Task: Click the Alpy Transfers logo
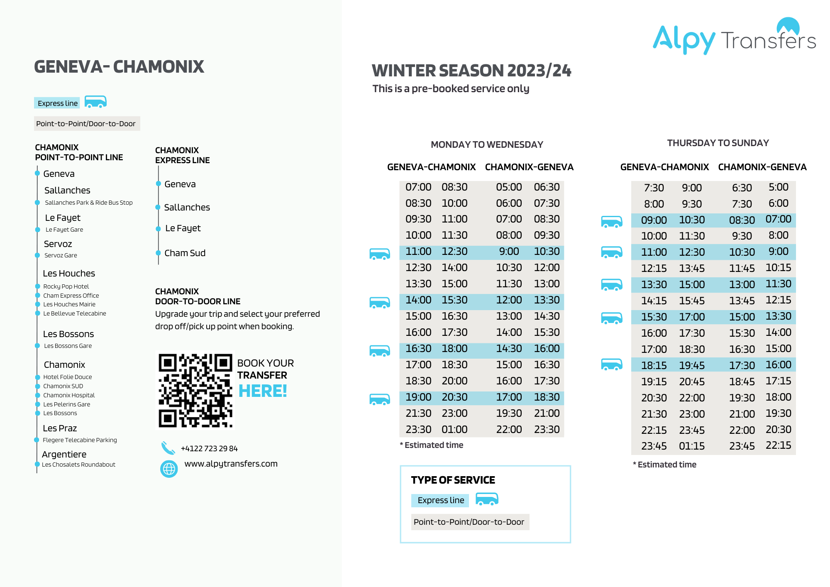tap(734, 37)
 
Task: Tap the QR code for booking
tap(195, 390)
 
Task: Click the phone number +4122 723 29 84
tap(209, 449)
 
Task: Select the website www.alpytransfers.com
tap(231, 464)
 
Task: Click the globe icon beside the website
tap(169, 469)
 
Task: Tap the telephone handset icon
tap(168, 448)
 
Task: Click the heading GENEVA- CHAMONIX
tap(119, 67)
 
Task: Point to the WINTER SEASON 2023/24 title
tap(471, 71)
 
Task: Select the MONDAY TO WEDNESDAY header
tap(487, 144)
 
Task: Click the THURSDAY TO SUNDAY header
tap(718, 143)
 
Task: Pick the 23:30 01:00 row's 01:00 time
tap(454, 429)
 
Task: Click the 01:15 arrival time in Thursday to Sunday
tap(692, 446)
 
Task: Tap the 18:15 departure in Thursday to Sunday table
tap(654, 365)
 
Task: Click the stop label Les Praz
tap(60, 428)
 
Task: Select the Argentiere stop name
tap(64, 454)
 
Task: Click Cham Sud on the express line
tap(185, 253)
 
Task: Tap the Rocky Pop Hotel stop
tap(66, 286)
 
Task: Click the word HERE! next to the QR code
tap(263, 391)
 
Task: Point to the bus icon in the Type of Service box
tap(487, 499)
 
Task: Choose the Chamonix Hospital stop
tap(69, 395)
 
